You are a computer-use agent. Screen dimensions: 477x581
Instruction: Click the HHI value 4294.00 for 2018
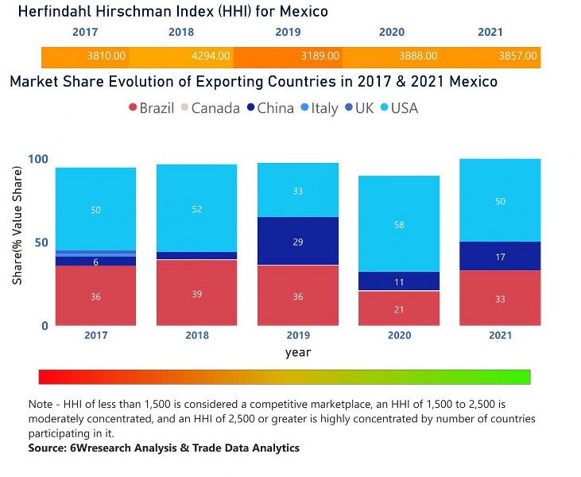pos(211,56)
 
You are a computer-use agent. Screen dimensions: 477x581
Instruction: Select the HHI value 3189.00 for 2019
pos(320,56)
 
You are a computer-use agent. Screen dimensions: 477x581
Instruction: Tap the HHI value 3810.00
pos(107,56)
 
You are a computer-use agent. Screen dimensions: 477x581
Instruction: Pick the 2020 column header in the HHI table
pos(392,33)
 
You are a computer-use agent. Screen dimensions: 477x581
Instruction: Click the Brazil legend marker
pos(132,108)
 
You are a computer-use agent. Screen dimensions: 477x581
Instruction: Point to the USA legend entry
pos(393,108)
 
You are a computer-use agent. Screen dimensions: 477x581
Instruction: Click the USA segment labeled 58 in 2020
pos(399,224)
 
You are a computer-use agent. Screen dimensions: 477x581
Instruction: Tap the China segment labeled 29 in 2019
pos(298,241)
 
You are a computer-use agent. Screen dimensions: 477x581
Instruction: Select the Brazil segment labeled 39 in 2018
pos(197,293)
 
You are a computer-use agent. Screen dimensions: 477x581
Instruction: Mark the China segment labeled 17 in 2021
pos(500,256)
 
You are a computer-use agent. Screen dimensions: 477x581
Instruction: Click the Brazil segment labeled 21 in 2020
pos(399,308)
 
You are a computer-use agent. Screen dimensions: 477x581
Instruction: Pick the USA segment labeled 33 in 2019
pos(298,191)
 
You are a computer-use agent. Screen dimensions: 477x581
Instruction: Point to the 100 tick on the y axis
pos(38,159)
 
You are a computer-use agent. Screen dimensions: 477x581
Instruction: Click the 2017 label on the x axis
pos(95,335)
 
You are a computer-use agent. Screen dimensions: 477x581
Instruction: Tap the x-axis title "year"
pos(298,352)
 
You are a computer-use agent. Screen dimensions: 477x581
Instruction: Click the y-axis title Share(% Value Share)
pos(17,242)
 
